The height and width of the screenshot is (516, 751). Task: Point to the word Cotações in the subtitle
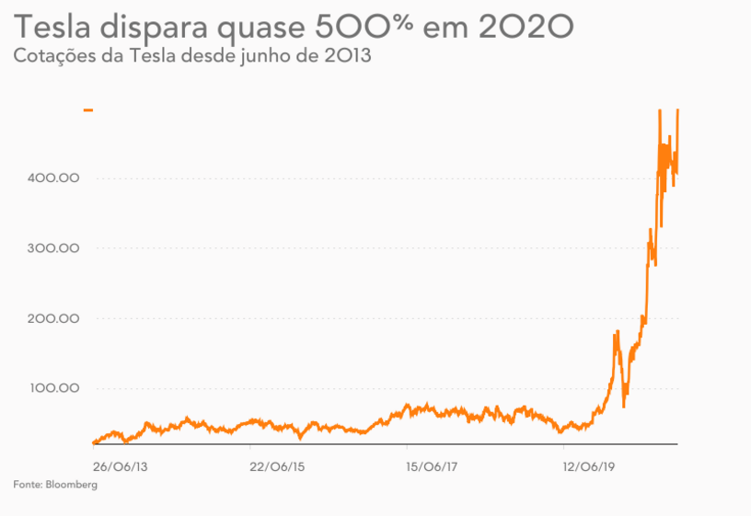[52, 56]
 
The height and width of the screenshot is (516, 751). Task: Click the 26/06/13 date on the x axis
[120, 465]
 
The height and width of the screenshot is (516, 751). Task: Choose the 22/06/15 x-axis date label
[277, 465]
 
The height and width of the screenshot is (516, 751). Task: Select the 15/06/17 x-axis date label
[433, 465]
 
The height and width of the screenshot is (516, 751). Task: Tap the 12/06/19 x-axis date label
[590, 465]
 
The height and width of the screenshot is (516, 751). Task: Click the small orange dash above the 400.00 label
[88, 109]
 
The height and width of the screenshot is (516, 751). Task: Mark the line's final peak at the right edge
[678, 110]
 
